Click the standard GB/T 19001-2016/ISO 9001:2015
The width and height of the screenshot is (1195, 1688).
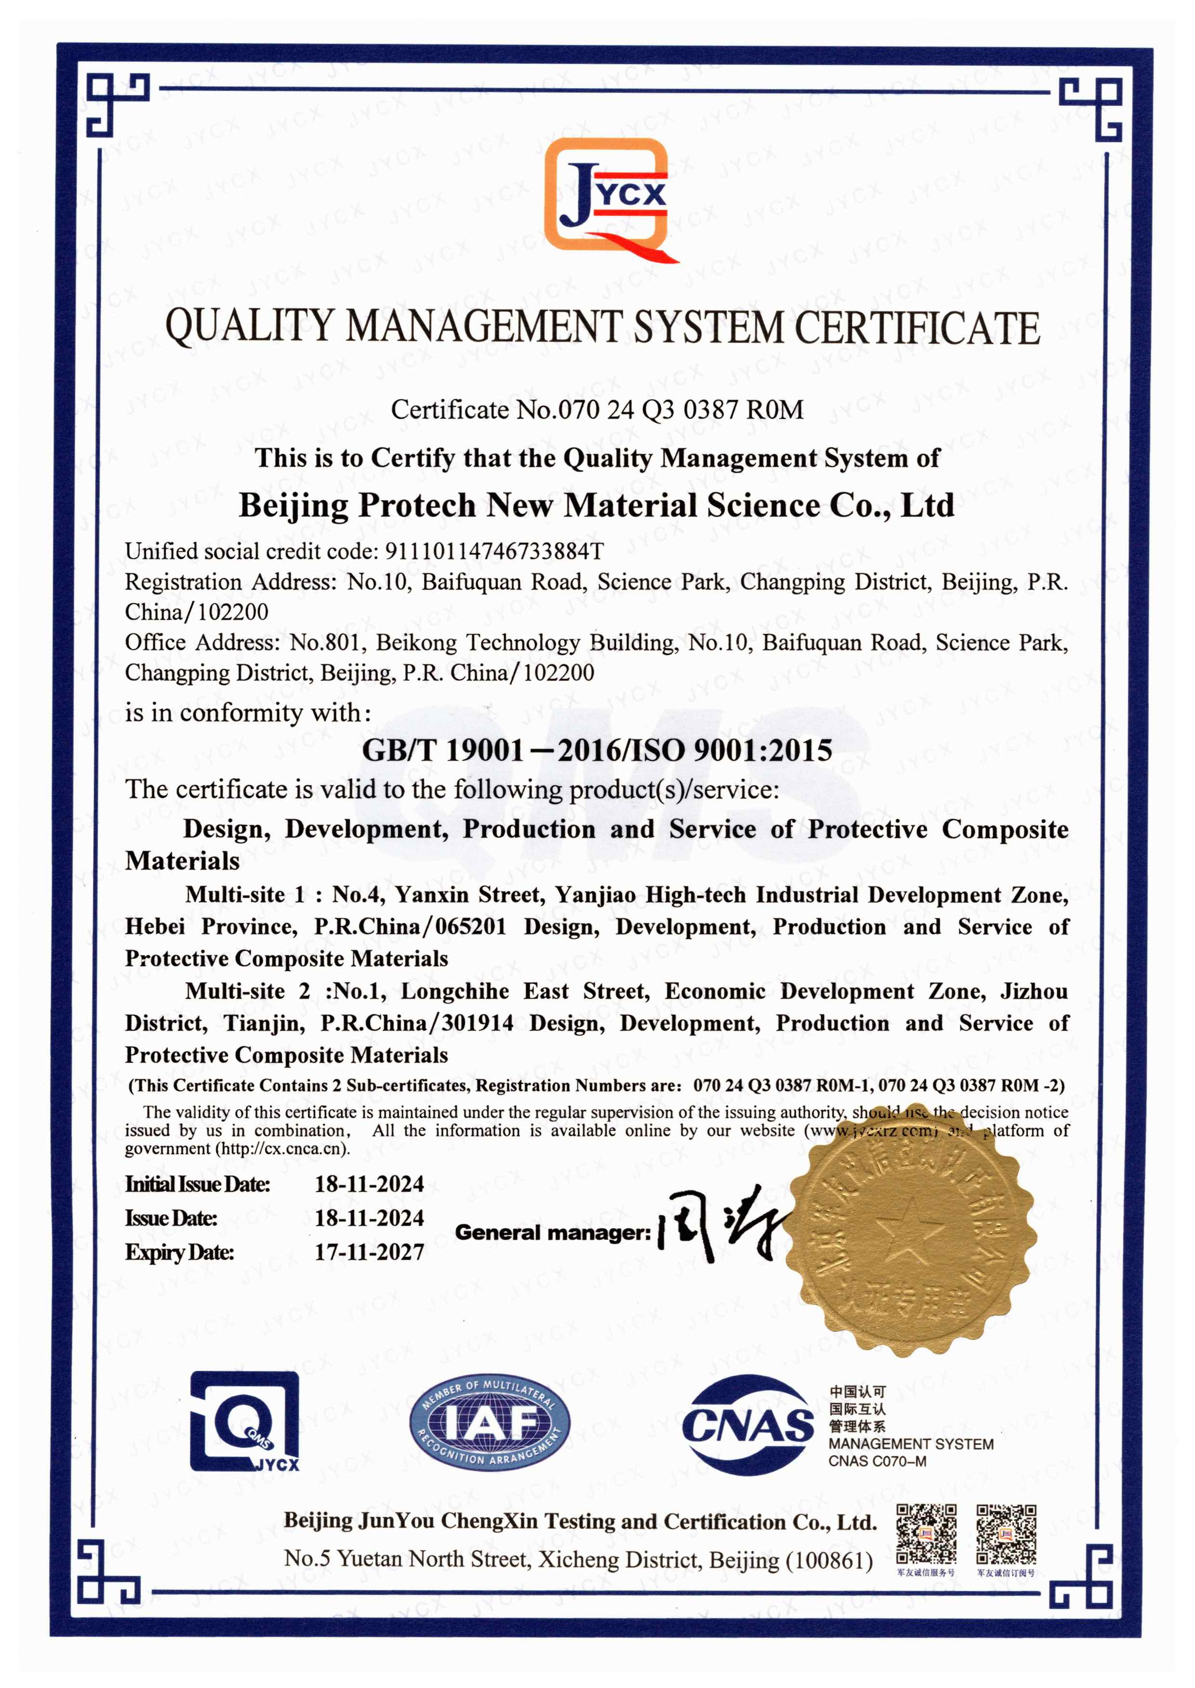[597, 750]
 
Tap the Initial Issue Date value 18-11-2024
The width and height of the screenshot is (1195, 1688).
[369, 1184]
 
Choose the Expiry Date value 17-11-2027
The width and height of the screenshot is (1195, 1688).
[369, 1252]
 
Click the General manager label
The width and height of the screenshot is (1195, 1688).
[552, 1232]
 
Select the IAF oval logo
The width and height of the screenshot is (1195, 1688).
[489, 1424]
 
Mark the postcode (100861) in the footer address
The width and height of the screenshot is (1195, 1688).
[829, 1559]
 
